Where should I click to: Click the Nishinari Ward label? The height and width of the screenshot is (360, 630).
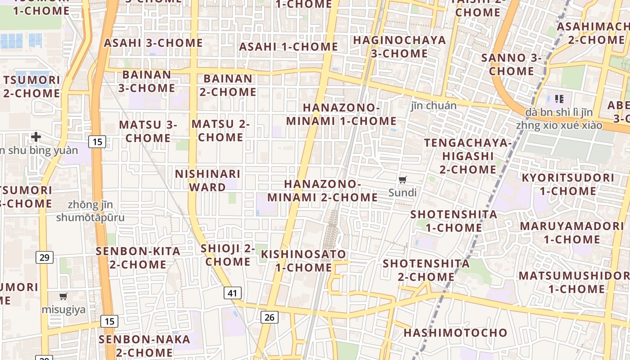(207, 180)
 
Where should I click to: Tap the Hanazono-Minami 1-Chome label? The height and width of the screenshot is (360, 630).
(341, 114)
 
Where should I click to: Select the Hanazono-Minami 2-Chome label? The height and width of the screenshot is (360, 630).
(323, 191)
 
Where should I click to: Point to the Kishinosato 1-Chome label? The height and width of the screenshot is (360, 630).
(304, 261)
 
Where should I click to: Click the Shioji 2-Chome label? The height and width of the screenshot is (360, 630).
(228, 255)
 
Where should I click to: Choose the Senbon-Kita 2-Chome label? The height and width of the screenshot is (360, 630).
(138, 258)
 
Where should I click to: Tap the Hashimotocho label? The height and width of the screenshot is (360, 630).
(455, 333)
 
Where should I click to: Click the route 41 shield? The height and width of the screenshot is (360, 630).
(232, 293)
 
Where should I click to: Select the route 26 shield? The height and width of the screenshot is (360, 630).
(269, 317)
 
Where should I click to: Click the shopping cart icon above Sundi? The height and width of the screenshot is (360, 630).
(403, 180)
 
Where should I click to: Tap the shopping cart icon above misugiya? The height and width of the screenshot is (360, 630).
(63, 297)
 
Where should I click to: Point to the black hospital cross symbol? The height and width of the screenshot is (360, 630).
(36, 136)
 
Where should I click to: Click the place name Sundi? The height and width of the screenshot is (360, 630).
(403, 193)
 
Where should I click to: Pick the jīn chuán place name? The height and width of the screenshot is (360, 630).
(433, 106)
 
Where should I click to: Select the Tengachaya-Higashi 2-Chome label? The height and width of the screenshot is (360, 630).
(468, 156)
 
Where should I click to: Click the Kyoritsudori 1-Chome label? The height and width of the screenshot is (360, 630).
(567, 184)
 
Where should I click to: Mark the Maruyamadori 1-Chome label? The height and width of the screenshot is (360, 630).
(566, 232)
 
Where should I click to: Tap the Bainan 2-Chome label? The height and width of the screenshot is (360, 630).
(228, 85)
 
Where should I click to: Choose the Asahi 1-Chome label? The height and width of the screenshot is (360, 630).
(288, 47)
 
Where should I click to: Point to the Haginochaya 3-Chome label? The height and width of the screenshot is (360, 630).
(399, 47)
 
